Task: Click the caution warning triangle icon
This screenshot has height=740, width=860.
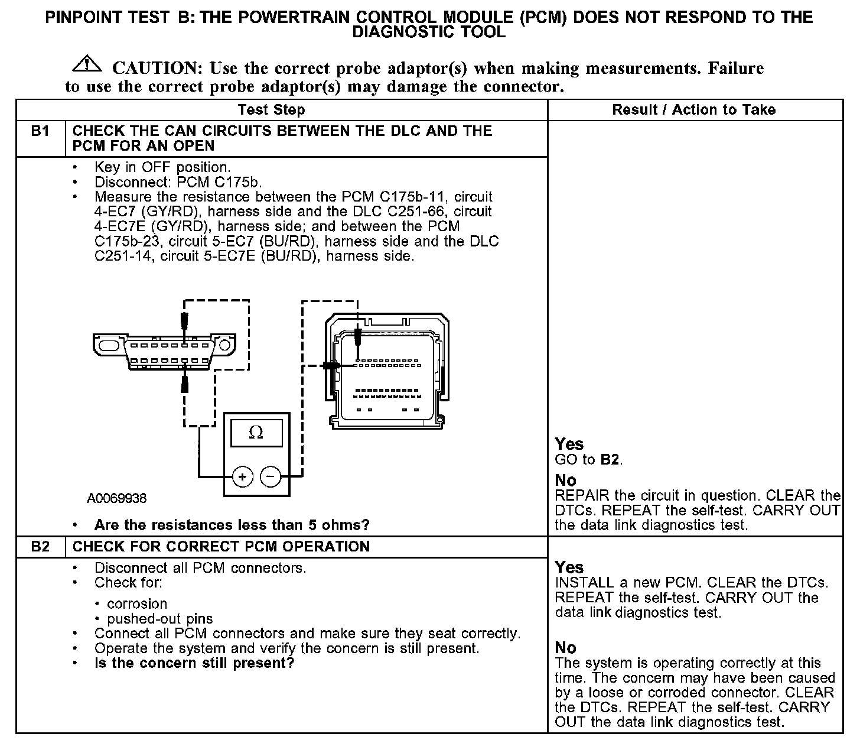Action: pos(87,63)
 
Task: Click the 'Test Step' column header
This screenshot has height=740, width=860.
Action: pos(271,109)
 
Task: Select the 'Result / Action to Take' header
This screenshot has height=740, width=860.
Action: pos(693,109)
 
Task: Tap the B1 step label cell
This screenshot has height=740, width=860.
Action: pos(40,131)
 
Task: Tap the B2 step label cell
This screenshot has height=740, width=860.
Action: pos(40,546)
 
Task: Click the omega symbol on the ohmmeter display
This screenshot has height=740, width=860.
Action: pos(256,433)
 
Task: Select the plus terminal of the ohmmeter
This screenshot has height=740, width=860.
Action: pos(242,476)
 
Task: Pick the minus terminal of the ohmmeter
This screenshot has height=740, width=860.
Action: pos(271,476)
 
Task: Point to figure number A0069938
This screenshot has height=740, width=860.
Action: pos(117,498)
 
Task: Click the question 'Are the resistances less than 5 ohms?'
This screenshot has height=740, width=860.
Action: pos(232,525)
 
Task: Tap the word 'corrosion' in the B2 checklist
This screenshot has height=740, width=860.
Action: pos(137,603)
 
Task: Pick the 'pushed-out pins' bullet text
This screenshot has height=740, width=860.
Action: pos(160,619)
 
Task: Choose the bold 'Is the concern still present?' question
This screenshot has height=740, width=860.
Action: pos(194,663)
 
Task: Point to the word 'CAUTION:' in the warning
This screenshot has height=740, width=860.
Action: pos(158,68)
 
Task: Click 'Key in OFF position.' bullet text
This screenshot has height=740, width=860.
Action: pos(162,167)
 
